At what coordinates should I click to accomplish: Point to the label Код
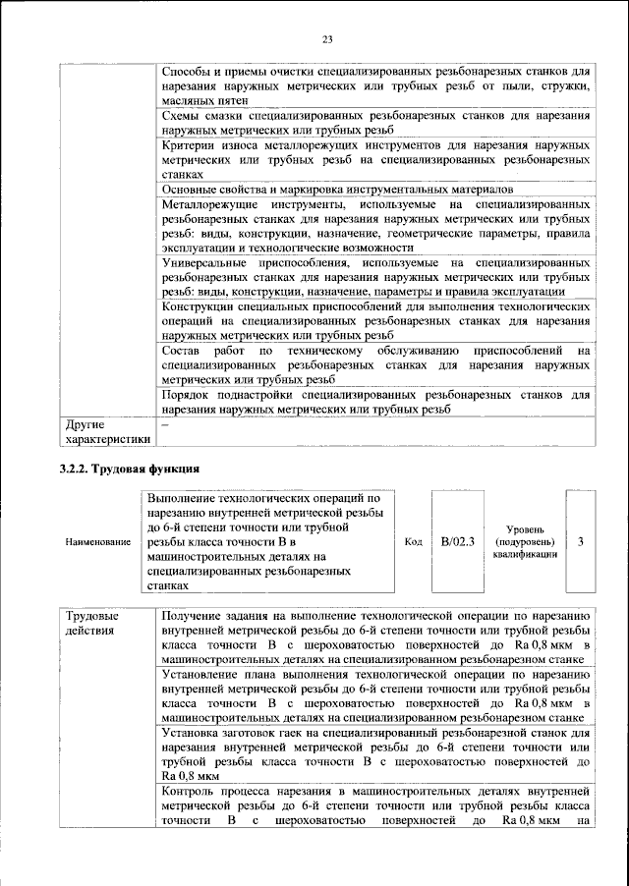414,541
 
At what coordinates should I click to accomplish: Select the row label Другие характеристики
106,432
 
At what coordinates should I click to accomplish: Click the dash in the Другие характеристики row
165,424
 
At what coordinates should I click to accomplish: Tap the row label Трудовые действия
90,623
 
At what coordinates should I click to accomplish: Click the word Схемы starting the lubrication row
183,116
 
